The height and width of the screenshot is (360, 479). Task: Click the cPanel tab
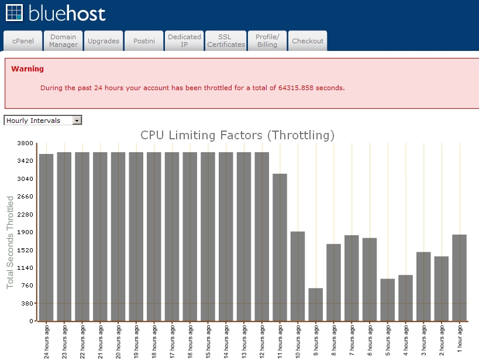point(23,40)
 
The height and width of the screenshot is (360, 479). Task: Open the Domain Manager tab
point(63,40)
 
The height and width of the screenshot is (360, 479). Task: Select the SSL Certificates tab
point(226,40)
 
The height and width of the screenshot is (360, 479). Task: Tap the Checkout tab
point(308,40)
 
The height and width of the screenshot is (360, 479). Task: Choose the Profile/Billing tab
point(267,40)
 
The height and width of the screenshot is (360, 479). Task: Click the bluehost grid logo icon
point(14,13)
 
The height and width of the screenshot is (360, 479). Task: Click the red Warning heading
point(27,69)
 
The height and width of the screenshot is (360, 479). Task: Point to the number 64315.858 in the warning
point(296,88)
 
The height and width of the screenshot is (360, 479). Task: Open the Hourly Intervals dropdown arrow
point(77,121)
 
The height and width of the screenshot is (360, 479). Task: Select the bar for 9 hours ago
point(316,304)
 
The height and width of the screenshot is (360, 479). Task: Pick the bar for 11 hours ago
point(280,248)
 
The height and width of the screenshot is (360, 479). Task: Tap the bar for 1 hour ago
point(460,277)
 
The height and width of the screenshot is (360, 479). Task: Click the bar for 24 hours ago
point(46,238)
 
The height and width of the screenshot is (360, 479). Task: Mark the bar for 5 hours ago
point(388,300)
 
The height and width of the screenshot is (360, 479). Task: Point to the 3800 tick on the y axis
point(25,143)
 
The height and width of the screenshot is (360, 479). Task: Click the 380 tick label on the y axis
point(27,303)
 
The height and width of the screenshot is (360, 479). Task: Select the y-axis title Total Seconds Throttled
point(10,242)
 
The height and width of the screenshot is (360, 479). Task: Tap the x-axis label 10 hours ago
point(298,341)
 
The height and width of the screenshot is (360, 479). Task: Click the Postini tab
point(144,40)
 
